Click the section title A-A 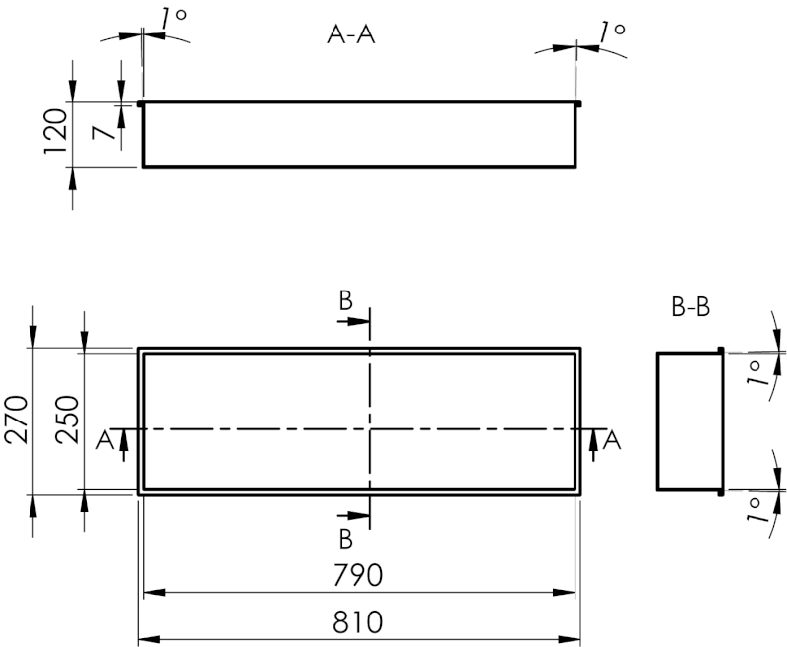(351, 34)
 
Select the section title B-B (691, 308)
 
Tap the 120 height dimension (55, 133)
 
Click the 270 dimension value (19, 421)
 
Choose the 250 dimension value (68, 421)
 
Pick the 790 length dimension (358, 574)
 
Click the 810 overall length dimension (358, 622)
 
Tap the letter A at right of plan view (612, 440)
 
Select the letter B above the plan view (345, 301)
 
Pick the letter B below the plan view (345, 538)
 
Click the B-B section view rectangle (689, 421)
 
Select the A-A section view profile (358, 135)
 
